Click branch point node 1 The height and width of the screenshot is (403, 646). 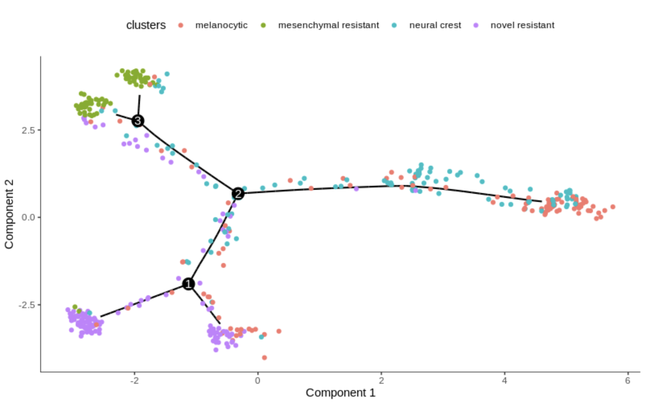tap(188, 284)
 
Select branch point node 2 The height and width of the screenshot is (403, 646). tap(238, 193)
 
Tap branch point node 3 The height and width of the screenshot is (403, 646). tap(138, 121)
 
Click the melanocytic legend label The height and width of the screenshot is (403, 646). tap(221, 25)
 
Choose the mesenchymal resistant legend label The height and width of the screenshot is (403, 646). tap(328, 25)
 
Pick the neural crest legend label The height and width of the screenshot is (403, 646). tap(435, 25)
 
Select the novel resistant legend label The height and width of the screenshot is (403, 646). tap(522, 25)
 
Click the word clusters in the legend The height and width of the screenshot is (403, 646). tap(146, 25)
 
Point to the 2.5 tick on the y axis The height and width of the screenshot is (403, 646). tap(29, 130)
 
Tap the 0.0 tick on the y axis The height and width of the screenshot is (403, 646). tap(29, 217)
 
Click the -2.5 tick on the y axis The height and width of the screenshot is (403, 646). tap(27, 305)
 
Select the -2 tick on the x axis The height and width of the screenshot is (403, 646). tap(134, 380)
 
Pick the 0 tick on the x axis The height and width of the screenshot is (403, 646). tap(258, 380)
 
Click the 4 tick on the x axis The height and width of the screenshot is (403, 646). tap(504, 380)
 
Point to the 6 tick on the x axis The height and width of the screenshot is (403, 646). tap(628, 380)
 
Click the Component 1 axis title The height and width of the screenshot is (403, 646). tap(340, 393)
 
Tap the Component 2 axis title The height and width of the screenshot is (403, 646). tap(9, 214)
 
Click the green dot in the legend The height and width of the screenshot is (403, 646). tap(263, 25)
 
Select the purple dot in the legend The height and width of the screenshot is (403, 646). tap(476, 25)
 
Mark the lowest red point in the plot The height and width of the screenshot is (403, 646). tap(264, 358)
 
